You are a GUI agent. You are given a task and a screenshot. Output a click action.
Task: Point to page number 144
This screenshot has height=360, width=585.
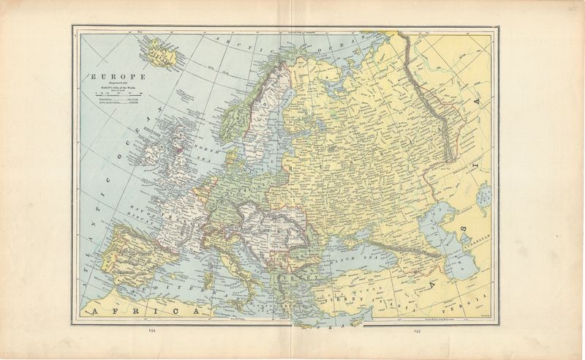tap(152, 331)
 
